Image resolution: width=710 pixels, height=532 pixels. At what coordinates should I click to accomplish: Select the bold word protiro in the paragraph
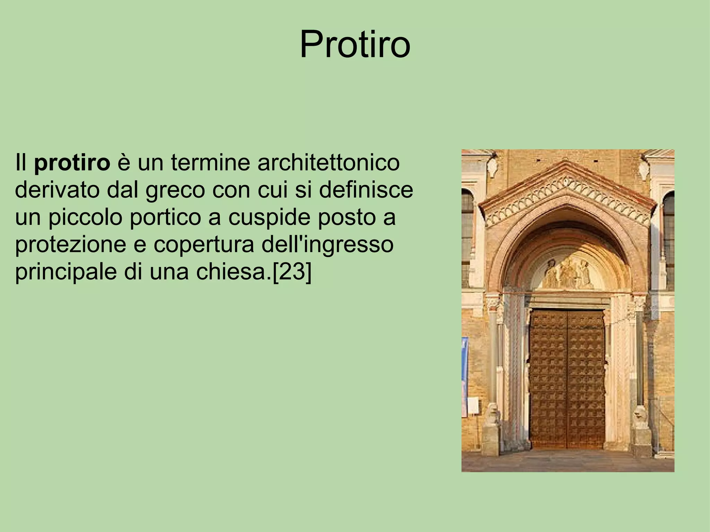(72, 163)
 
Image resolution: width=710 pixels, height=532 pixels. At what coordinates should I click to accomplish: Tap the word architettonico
(328, 163)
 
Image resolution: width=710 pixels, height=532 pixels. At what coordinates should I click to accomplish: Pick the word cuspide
(262, 218)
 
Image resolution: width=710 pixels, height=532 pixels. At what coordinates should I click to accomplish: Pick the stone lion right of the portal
(640, 416)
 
